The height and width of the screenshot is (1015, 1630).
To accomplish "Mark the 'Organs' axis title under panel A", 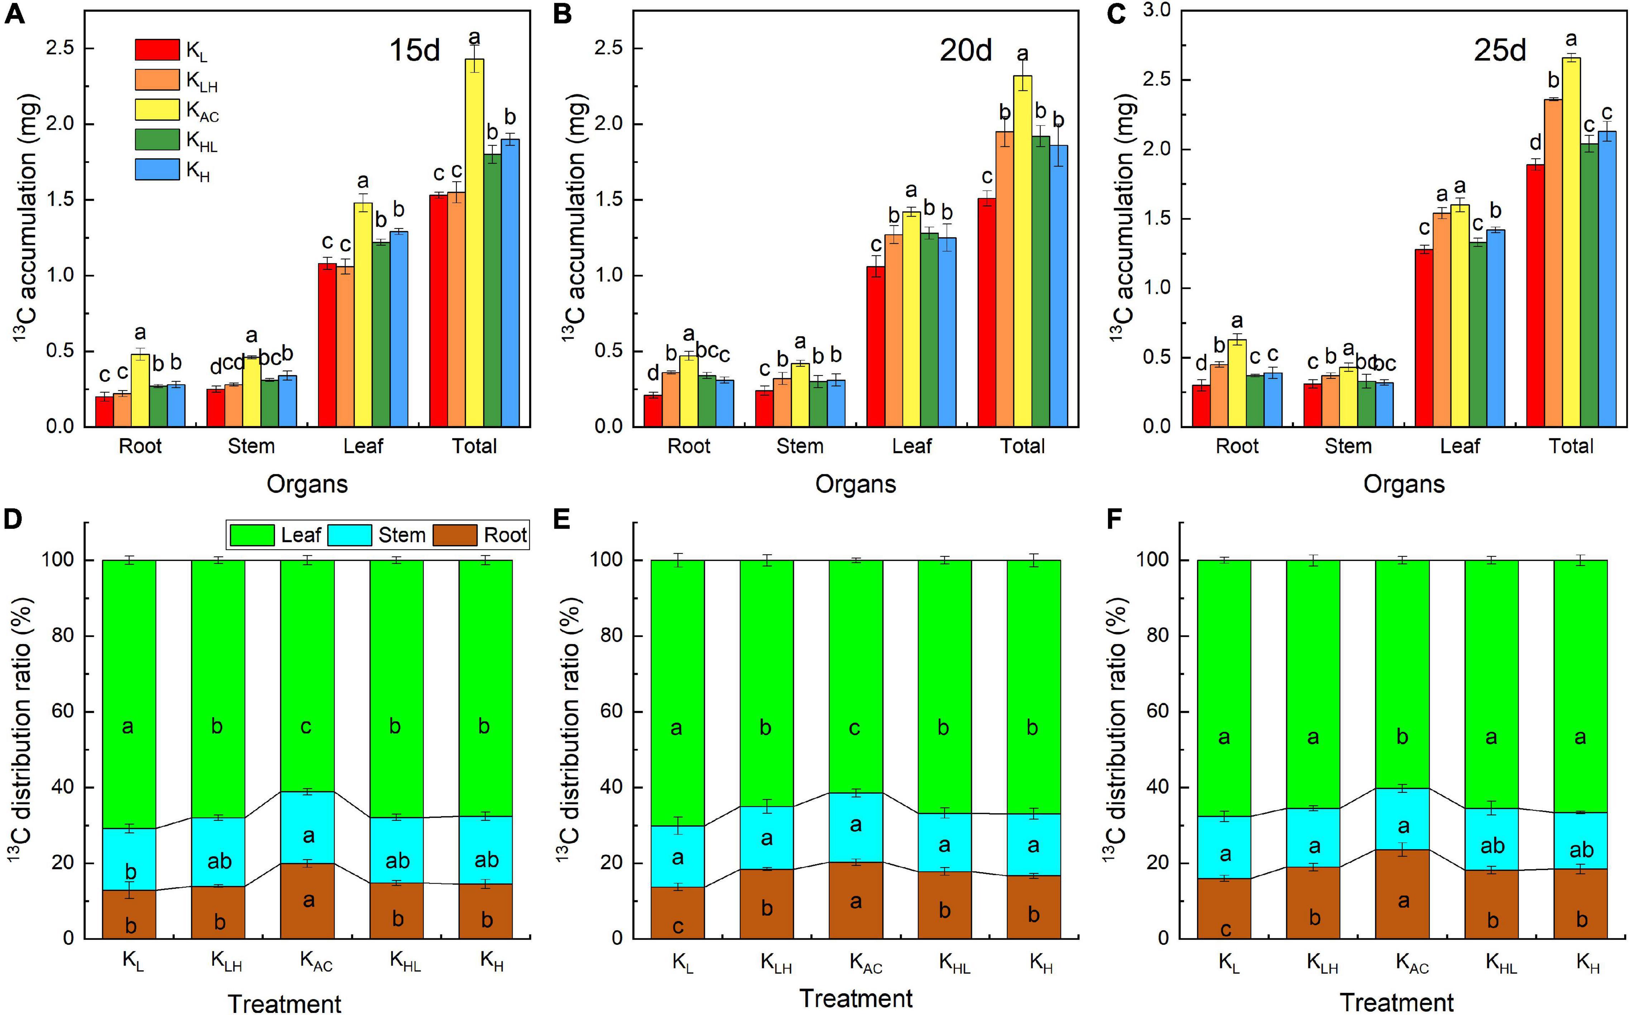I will pos(307,484).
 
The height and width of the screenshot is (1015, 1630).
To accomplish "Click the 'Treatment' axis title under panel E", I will pos(855,998).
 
